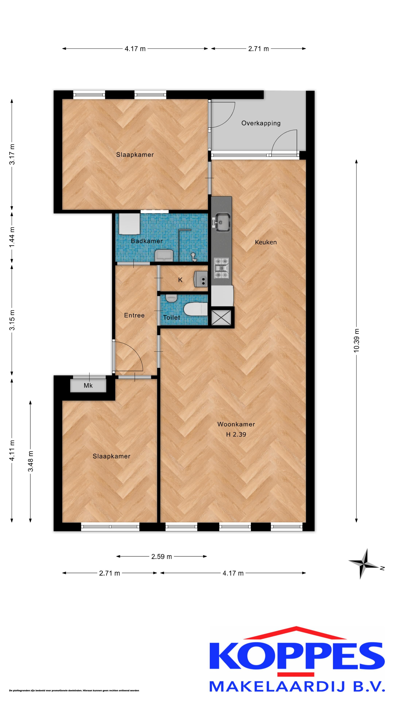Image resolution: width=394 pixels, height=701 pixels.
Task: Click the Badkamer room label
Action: (x=147, y=241)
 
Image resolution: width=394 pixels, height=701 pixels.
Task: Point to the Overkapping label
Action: (x=261, y=123)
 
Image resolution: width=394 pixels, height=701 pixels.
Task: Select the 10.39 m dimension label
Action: (x=356, y=340)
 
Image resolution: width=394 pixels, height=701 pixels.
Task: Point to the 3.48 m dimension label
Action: (x=31, y=461)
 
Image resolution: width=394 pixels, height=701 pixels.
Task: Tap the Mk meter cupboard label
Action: (x=88, y=386)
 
